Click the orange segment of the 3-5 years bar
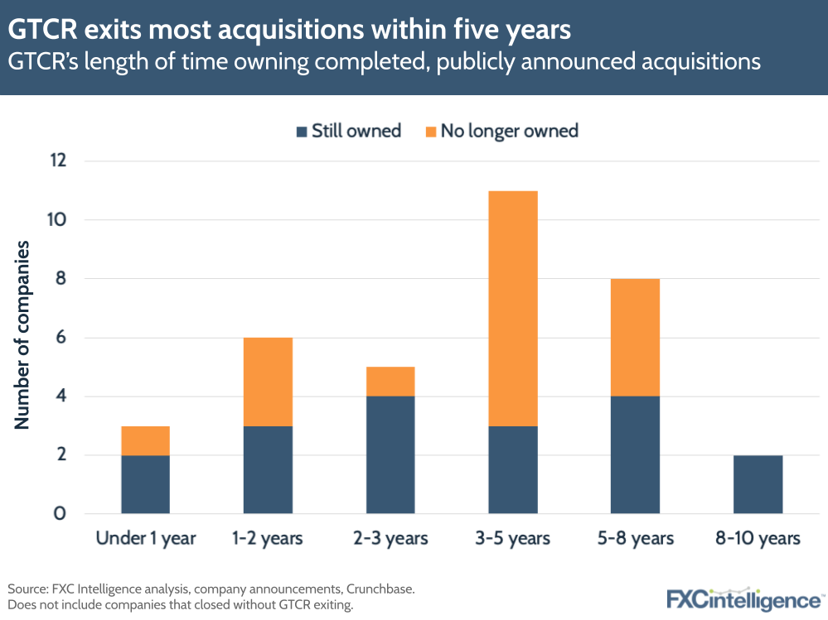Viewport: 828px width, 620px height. pos(513,309)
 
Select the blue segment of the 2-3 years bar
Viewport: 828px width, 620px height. pos(390,454)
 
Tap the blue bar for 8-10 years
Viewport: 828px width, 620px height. pos(758,484)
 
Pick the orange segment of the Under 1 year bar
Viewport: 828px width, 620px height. pos(145,440)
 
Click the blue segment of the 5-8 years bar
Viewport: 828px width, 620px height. pos(635,454)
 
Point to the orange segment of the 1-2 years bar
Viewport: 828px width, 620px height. pos(268,382)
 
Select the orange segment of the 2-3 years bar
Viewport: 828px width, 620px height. pos(390,382)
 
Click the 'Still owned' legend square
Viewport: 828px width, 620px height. pos(301,132)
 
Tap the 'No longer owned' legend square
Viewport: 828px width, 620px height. pos(431,132)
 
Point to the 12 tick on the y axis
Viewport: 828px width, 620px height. pos(56,161)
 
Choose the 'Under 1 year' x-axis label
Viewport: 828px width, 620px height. pos(146,539)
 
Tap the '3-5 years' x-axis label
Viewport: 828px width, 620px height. pos(513,539)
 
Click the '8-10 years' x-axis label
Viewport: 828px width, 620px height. pos(758,539)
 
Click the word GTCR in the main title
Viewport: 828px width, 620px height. pos(41,31)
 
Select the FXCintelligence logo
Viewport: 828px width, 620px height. pos(744,598)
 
